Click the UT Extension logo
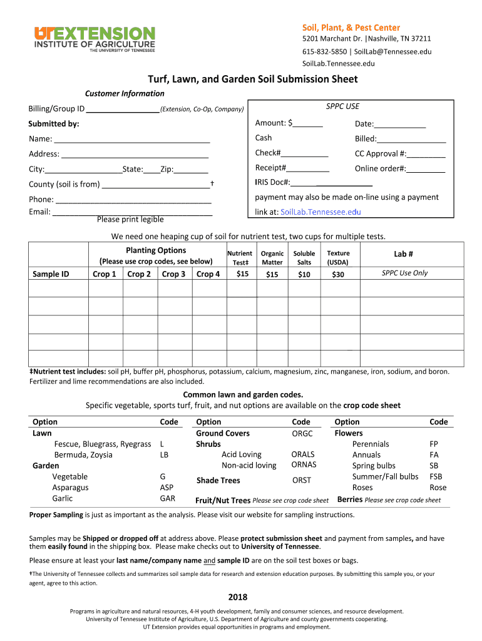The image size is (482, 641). click(x=94, y=39)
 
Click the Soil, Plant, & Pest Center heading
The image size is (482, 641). click(x=351, y=28)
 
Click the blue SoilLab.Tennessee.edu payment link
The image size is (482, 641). click(x=320, y=212)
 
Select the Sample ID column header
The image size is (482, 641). click(x=51, y=274)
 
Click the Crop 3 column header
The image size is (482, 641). click(x=173, y=274)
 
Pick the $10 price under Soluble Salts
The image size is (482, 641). click(x=304, y=274)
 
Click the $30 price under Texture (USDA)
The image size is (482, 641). click(x=338, y=274)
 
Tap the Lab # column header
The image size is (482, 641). click(x=403, y=254)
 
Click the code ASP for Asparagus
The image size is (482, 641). click(x=167, y=488)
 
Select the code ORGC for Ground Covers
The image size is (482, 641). click(x=302, y=433)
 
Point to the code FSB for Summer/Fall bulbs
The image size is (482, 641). click(x=435, y=476)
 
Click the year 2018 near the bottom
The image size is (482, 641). click(x=237, y=597)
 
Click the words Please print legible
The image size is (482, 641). click(x=130, y=219)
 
